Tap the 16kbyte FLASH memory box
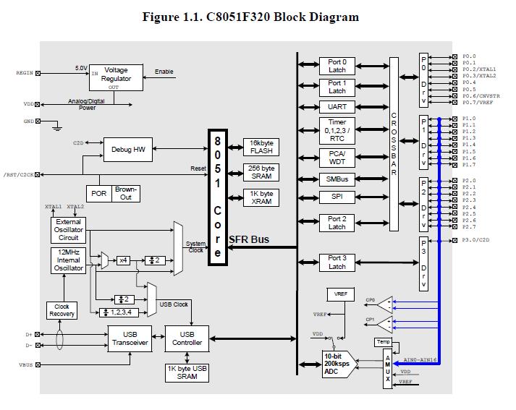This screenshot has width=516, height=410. point(261,147)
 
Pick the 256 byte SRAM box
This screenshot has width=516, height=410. point(261,172)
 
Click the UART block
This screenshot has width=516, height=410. point(337,107)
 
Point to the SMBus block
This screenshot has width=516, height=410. point(337,179)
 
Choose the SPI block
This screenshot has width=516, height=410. point(337,197)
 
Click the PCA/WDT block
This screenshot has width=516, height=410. point(337,157)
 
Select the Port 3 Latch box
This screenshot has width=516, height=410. point(337,262)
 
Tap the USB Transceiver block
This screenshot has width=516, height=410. point(130,338)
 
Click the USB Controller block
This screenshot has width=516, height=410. point(187,338)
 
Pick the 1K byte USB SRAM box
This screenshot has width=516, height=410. point(187,372)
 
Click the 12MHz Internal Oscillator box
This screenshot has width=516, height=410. point(69,260)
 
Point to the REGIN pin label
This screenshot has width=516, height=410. point(24,73)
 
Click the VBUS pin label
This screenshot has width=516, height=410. point(26,365)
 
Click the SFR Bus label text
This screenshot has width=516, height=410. point(250,239)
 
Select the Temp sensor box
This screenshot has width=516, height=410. point(382,341)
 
